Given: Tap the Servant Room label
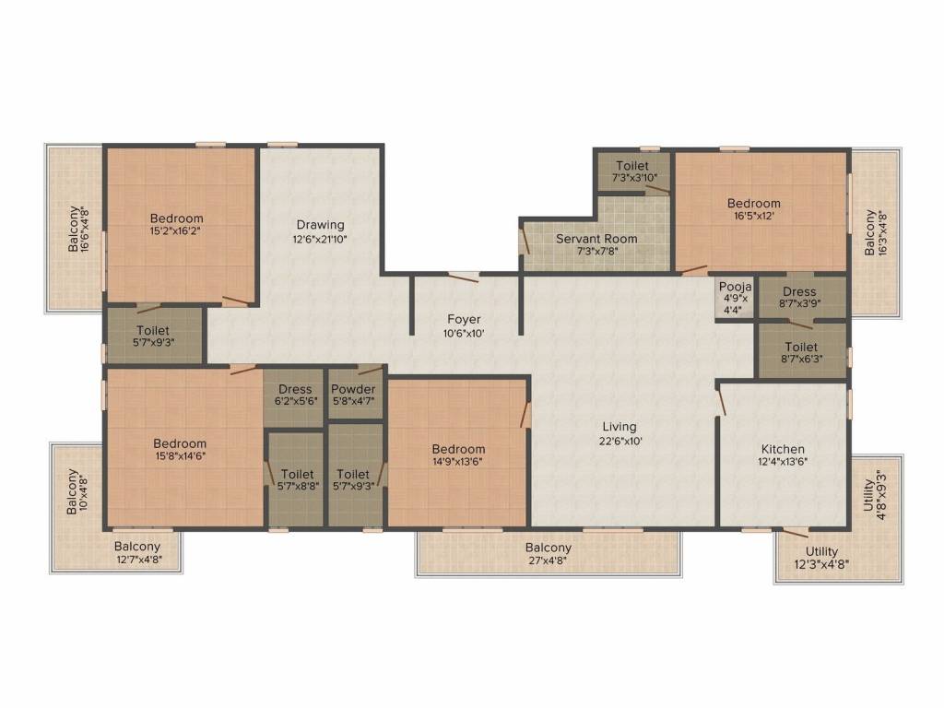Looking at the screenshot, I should [596, 239].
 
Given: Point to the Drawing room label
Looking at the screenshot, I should [320, 225].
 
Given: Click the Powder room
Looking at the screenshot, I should [353, 395].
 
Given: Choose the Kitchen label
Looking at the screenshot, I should [783, 449].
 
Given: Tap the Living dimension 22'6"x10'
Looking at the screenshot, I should [619, 441].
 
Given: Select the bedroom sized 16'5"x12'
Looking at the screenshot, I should [753, 209].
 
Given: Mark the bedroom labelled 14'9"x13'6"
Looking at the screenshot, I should [458, 455].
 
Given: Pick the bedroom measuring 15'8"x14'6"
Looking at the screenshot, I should [180, 450].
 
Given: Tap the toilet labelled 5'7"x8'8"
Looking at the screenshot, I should [297, 480].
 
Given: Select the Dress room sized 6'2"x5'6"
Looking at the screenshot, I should [295, 395].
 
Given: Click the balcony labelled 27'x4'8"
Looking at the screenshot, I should [549, 554].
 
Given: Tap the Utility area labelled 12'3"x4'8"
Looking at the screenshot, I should [821, 558].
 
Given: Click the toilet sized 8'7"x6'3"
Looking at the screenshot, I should [800, 351].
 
